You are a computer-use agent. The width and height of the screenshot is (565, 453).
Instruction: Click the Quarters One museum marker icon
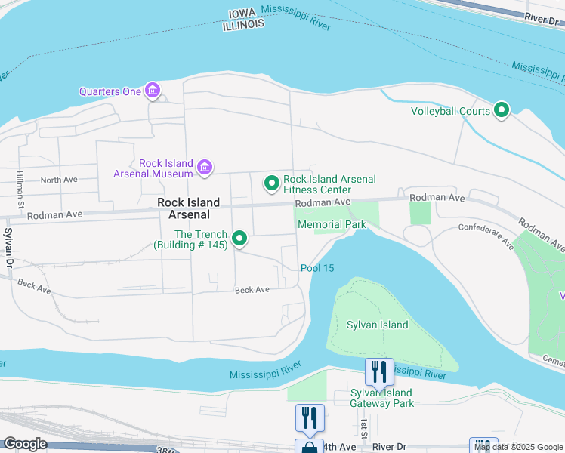[153, 91]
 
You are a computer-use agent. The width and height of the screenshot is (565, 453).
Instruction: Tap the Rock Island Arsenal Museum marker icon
[204, 168]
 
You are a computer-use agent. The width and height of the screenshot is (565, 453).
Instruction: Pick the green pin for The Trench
[239, 239]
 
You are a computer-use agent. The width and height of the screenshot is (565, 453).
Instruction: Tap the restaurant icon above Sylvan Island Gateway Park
[379, 371]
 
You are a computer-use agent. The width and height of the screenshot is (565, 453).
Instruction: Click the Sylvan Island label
[377, 325]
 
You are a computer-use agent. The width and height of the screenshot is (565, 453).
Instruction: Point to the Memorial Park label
[332, 224]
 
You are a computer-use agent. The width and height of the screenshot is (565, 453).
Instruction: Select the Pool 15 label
[317, 268]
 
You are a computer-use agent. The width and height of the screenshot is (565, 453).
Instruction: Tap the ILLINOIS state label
[243, 24]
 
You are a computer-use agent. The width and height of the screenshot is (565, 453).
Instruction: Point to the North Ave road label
[60, 180]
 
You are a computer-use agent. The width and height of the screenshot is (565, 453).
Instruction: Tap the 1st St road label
[364, 427]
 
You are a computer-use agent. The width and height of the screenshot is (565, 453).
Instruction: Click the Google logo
[24, 444]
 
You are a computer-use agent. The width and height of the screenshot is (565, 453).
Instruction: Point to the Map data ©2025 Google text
[519, 447]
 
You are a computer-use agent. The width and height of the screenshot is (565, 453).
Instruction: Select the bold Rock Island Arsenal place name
[188, 208]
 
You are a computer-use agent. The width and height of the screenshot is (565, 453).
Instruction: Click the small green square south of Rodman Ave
[419, 213]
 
